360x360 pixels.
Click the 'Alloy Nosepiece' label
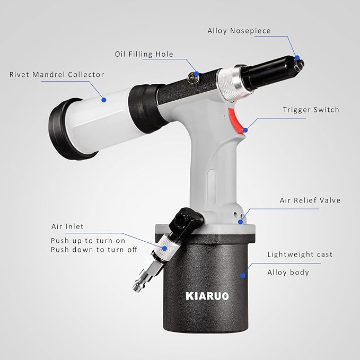click(239, 31)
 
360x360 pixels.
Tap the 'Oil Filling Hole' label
click(144, 54)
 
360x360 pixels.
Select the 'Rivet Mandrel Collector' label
click(57, 75)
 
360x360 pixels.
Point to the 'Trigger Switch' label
click(311, 110)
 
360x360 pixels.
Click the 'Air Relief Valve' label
click(310, 200)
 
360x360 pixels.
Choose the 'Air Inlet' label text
click(67, 226)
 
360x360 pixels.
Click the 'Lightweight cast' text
click(300, 254)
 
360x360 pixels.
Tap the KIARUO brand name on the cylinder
click(207, 295)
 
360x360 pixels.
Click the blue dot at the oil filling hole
click(196, 74)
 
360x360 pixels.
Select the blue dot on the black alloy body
click(243, 275)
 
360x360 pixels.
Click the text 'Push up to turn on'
click(88, 240)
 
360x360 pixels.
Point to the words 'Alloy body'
click(288, 273)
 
